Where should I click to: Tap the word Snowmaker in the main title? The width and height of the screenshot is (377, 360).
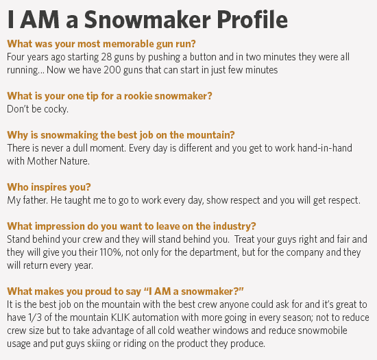pyautogui.click(x=147, y=19)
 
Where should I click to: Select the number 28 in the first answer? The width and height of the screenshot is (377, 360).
pyautogui.click(x=106, y=57)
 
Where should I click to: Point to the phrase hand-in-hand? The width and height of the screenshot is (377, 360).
pyautogui.click(x=325, y=148)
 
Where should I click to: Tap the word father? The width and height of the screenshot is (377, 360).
pyautogui.click(x=35, y=200)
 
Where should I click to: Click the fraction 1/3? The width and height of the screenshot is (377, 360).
pyautogui.click(x=35, y=317)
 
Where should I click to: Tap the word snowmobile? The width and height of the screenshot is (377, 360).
pyautogui.click(x=322, y=331)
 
